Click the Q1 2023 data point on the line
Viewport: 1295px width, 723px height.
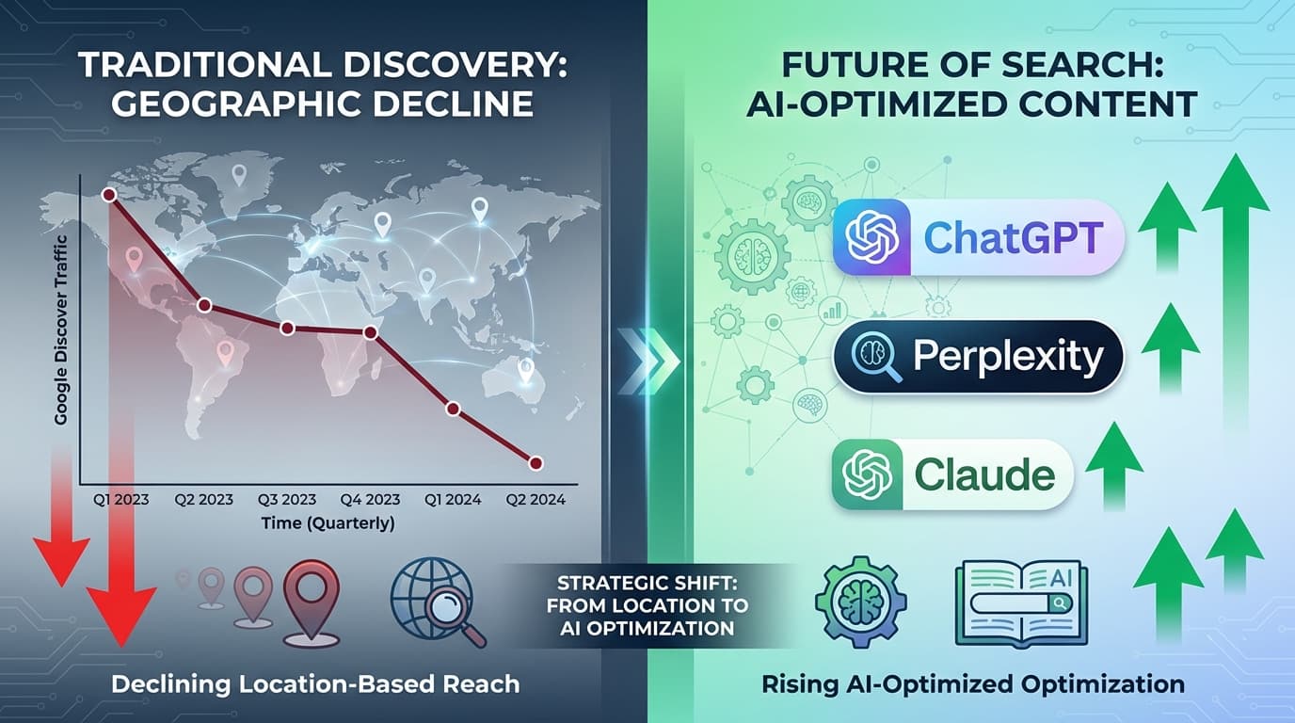coord(108,194)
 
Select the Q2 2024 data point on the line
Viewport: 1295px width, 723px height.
coord(536,463)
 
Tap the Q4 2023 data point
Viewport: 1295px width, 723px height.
coord(371,332)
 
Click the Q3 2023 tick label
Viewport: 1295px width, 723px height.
coord(287,500)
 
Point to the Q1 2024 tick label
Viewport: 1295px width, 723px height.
coord(454,500)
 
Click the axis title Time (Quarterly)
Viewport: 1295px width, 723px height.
coord(328,523)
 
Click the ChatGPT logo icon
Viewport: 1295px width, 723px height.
coord(872,237)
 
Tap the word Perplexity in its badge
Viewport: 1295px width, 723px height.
coord(1007,358)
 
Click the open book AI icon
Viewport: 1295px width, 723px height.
coord(1021,603)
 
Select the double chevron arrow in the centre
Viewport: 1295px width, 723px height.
coord(648,361)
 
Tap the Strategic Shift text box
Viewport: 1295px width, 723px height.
coord(647,604)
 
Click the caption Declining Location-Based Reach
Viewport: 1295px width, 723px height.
coord(315,683)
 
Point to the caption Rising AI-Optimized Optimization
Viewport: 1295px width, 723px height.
coord(974,683)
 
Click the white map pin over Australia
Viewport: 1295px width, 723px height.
coord(526,369)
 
